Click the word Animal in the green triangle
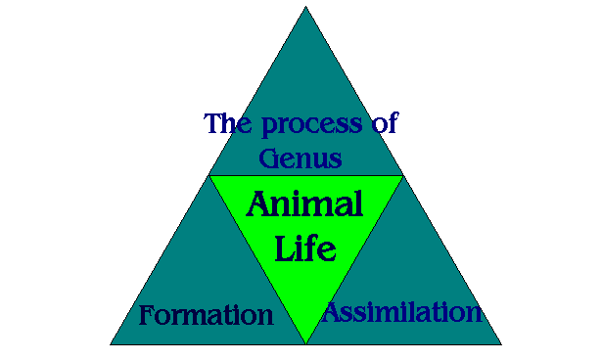point(304,205)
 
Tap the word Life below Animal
point(305,247)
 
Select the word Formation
point(206,315)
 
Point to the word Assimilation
point(402,313)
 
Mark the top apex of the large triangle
point(305,7)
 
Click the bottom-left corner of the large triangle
point(111,344)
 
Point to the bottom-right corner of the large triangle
point(500,344)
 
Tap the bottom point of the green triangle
point(305,343)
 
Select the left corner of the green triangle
point(210,176)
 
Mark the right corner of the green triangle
point(401,176)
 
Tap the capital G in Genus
point(270,157)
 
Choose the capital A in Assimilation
point(334,312)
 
